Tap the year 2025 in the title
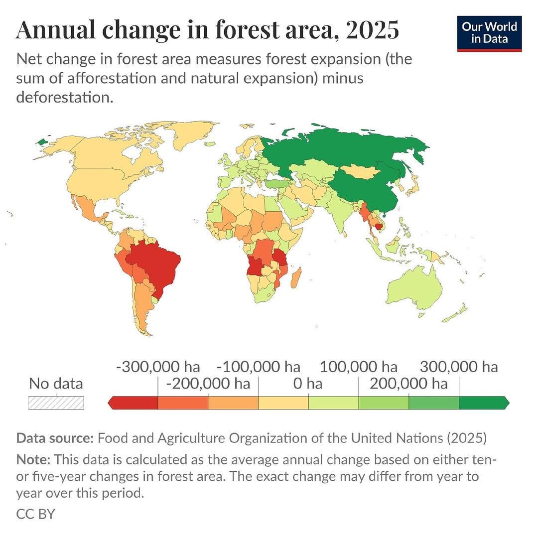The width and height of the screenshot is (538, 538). [372, 30]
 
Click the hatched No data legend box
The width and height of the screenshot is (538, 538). [56, 403]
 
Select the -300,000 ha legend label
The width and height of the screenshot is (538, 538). [158, 367]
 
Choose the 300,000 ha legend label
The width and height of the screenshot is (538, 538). [458, 367]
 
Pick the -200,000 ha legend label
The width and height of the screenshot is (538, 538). [208, 384]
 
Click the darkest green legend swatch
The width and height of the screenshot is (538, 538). [482, 403]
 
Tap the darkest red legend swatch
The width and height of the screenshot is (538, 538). [134, 403]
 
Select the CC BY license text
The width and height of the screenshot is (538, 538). [35, 514]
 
